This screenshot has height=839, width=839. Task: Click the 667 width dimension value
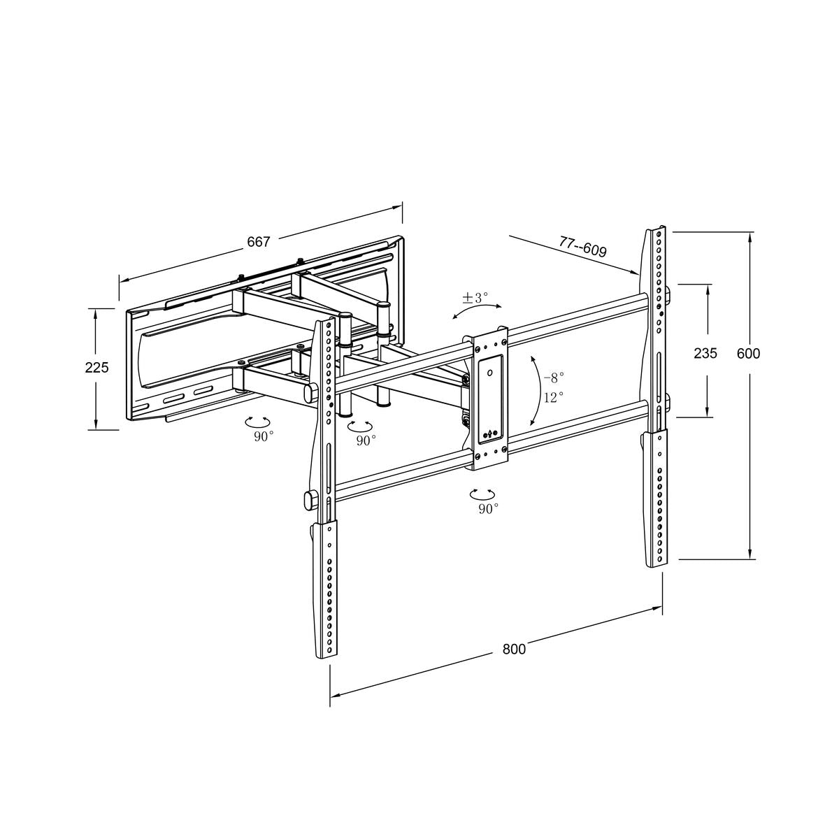(258, 242)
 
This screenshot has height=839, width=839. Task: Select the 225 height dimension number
(96, 367)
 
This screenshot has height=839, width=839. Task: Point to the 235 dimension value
(705, 353)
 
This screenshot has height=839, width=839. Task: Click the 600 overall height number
(748, 353)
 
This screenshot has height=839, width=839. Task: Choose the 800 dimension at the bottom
(514, 649)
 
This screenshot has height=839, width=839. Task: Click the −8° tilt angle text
(554, 377)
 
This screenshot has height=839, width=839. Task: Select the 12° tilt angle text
(554, 397)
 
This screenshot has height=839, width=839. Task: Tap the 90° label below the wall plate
(264, 435)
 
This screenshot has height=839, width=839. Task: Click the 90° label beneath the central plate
(488, 508)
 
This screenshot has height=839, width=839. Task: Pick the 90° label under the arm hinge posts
(366, 440)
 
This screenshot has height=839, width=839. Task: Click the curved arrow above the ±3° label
(477, 310)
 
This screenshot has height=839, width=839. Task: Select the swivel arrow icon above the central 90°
(484, 494)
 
